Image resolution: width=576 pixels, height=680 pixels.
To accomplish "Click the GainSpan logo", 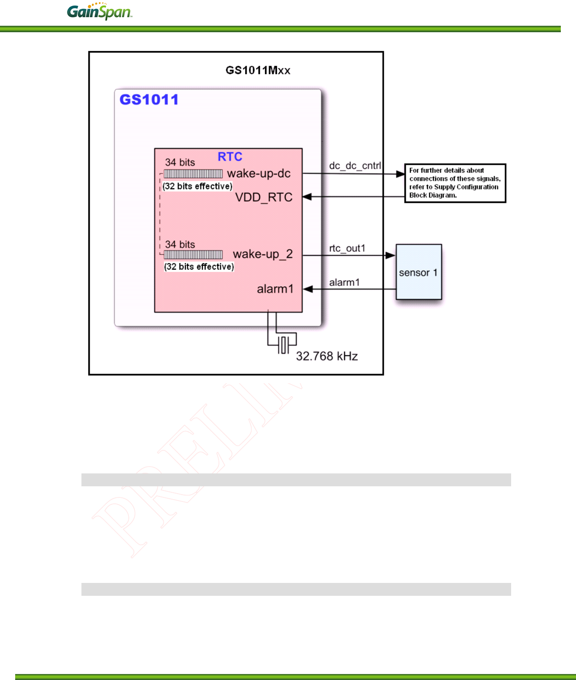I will click(x=99, y=12).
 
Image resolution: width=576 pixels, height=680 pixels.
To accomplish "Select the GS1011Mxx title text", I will click(x=258, y=70).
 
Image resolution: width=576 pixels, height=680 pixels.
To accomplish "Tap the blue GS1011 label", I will click(x=149, y=100).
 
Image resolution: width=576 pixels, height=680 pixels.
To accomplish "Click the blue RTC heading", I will click(x=230, y=157).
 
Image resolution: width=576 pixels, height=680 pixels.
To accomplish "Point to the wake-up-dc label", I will click(x=259, y=173).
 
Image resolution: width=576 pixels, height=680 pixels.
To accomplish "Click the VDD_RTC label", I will click(x=264, y=197).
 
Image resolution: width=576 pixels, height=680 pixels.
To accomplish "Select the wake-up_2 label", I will click(x=262, y=254).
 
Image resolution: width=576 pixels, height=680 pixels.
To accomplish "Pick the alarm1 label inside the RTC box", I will click(x=275, y=289).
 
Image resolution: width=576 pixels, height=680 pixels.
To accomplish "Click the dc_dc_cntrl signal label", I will click(x=355, y=166).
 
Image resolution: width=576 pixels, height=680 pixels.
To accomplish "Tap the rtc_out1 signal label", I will click(x=347, y=248).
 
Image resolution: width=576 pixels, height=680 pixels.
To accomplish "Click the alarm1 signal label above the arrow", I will click(x=344, y=282).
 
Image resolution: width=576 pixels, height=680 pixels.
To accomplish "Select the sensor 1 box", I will click(x=419, y=272).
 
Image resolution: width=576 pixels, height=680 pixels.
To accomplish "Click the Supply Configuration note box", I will click(x=455, y=183).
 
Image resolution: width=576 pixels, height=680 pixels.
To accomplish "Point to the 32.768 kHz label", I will click(x=327, y=356).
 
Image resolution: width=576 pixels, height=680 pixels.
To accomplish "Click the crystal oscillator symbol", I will click(x=284, y=345).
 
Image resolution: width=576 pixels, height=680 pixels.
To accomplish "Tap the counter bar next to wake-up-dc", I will click(x=193, y=174).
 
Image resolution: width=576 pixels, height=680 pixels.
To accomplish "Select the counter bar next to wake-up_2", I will click(x=193, y=255).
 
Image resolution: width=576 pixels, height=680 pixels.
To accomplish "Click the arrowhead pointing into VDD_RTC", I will click(x=307, y=197).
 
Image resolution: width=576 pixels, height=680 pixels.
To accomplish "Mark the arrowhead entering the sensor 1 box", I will click(x=391, y=255).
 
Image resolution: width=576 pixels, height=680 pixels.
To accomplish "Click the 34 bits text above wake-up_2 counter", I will click(x=180, y=244).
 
